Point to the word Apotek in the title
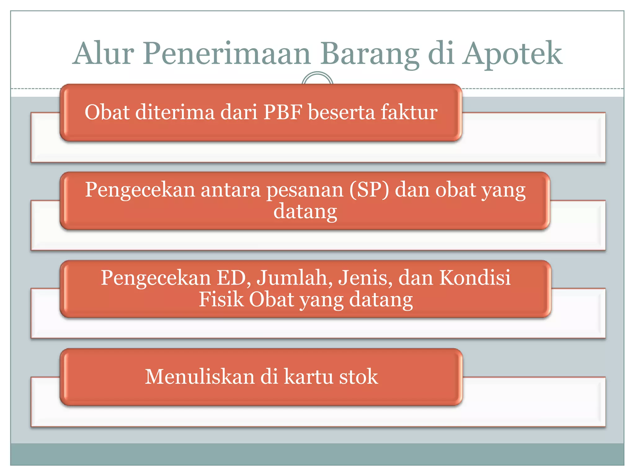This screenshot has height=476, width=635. coord(512,54)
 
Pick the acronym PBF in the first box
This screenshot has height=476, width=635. coord(283,112)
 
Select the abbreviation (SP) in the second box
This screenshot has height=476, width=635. coord(369,190)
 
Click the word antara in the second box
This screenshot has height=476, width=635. coord(230,190)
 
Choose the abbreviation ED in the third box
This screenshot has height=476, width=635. coord(233,278)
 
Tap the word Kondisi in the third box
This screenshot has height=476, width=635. coord(475,278)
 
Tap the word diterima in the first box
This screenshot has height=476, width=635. coord(175,112)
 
